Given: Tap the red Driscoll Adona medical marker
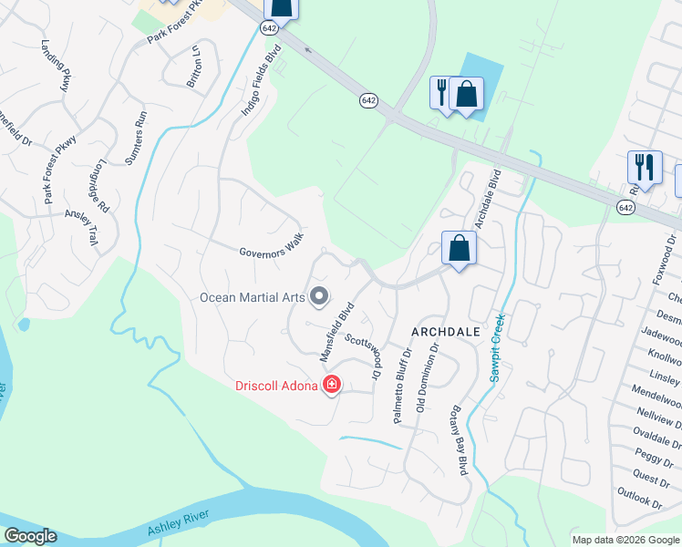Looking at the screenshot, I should tap(332, 386).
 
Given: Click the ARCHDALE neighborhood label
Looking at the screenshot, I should tap(446, 332).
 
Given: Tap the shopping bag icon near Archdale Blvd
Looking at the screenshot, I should tap(458, 248).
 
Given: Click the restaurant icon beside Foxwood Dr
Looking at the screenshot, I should tap(644, 168).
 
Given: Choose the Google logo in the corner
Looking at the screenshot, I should tap(30, 536).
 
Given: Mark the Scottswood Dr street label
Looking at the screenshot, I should tap(363, 356).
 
